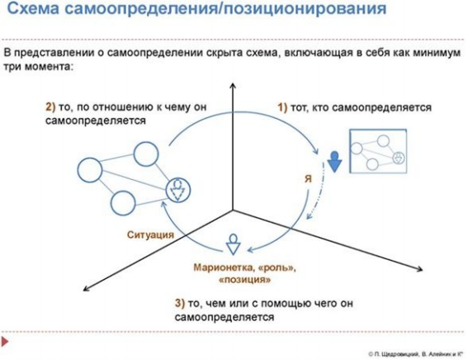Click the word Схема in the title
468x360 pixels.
[33, 8]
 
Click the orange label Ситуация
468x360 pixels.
[150, 234]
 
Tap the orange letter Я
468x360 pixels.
[309, 179]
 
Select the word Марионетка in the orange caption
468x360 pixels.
[222, 267]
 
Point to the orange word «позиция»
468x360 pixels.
[245, 280]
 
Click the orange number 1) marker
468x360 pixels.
[282, 107]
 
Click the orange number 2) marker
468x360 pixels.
[50, 107]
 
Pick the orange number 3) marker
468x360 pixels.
[180, 303]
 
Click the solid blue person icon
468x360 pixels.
[334, 162]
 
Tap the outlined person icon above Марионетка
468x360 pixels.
[233, 244]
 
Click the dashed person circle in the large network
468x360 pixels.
[178, 190]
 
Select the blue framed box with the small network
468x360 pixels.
[378, 151]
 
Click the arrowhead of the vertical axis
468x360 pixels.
[233, 85]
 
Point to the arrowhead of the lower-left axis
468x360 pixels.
[85, 289]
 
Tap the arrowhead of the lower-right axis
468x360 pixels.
[420, 269]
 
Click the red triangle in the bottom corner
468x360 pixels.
[5, 341]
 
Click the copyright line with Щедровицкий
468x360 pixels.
[416, 354]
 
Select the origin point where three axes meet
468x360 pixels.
[233, 211]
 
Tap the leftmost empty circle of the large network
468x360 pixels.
[90, 170]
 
